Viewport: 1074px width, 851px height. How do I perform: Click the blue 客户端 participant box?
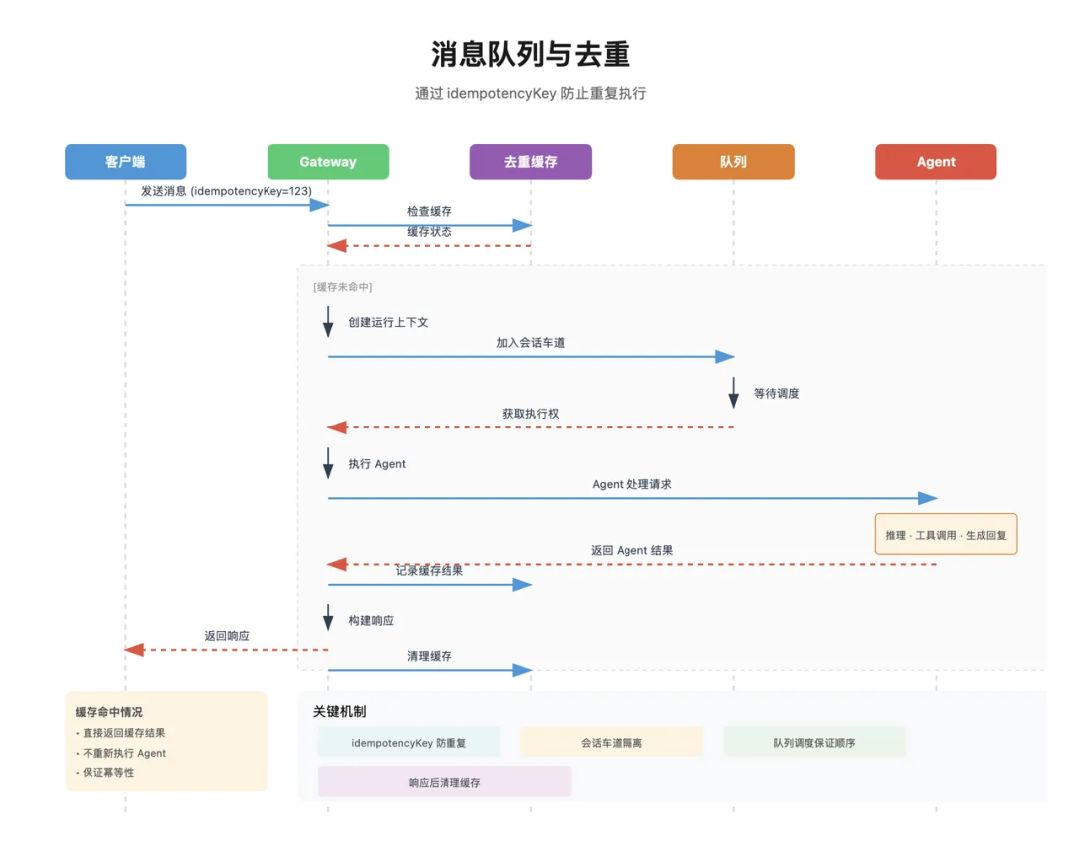[x=125, y=162]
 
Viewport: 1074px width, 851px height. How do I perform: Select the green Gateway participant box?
[x=328, y=162]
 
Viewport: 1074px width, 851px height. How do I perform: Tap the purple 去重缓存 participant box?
[x=530, y=162]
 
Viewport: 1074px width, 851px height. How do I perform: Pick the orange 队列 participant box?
[x=733, y=162]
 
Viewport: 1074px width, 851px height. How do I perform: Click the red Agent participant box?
[x=936, y=162]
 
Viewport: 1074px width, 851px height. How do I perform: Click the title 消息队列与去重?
[x=530, y=54]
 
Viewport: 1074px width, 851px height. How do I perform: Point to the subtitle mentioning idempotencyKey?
[x=530, y=93]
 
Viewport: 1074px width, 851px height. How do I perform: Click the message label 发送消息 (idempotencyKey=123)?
[x=227, y=191]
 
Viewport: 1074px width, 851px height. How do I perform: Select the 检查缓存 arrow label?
[x=430, y=211]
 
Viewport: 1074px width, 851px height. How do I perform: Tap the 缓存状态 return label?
[x=430, y=231]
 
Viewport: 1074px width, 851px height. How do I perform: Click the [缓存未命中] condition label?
[x=343, y=287]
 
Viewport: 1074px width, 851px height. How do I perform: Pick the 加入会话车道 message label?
[x=531, y=343]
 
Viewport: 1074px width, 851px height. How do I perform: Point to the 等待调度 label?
[x=776, y=393]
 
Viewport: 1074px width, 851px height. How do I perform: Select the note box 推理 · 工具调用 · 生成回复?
[x=946, y=535]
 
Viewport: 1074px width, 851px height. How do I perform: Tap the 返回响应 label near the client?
[x=227, y=636]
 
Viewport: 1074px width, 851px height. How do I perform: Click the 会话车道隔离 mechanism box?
[x=612, y=742]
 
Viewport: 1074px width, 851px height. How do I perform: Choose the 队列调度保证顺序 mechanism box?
[x=813, y=742]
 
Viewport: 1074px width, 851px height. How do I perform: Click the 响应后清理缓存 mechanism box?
[x=445, y=782]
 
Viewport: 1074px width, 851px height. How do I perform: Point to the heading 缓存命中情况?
[x=109, y=712]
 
